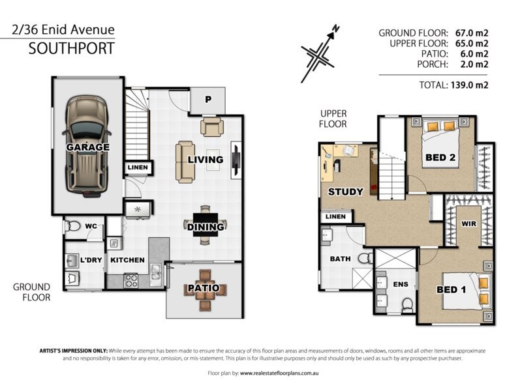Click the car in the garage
(x=87, y=146)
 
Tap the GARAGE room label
(x=87, y=147)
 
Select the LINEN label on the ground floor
(x=138, y=167)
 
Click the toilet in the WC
(x=72, y=226)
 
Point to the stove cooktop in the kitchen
(x=131, y=280)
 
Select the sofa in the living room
(x=185, y=162)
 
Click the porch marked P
(x=208, y=100)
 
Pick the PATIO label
(x=204, y=288)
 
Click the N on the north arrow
(x=336, y=29)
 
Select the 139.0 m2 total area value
(x=469, y=85)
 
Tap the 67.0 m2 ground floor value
(x=472, y=33)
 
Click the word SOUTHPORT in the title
(x=72, y=48)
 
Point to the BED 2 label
(x=440, y=157)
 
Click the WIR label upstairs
(x=468, y=224)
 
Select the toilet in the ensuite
(x=407, y=305)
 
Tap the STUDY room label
(x=346, y=192)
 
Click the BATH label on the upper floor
(x=340, y=259)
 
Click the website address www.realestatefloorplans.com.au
(x=279, y=373)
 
